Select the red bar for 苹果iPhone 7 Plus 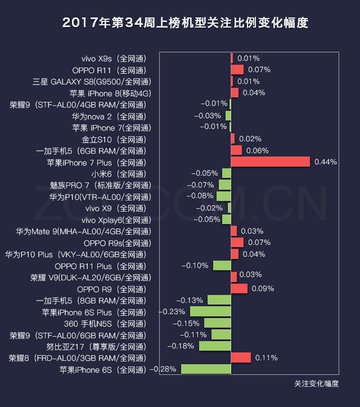(x=270, y=162)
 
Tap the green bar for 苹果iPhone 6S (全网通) (x=205, y=369)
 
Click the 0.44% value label (x=325, y=162)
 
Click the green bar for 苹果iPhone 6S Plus (x=210, y=311)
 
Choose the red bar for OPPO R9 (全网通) (x=239, y=288)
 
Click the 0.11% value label (x=267, y=357)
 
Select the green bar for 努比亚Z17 (x=214, y=346)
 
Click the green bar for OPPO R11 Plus (x=222, y=265)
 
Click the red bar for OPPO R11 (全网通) (x=237, y=69)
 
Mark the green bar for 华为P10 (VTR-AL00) (x=223, y=196)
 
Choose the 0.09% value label (x=263, y=288)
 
